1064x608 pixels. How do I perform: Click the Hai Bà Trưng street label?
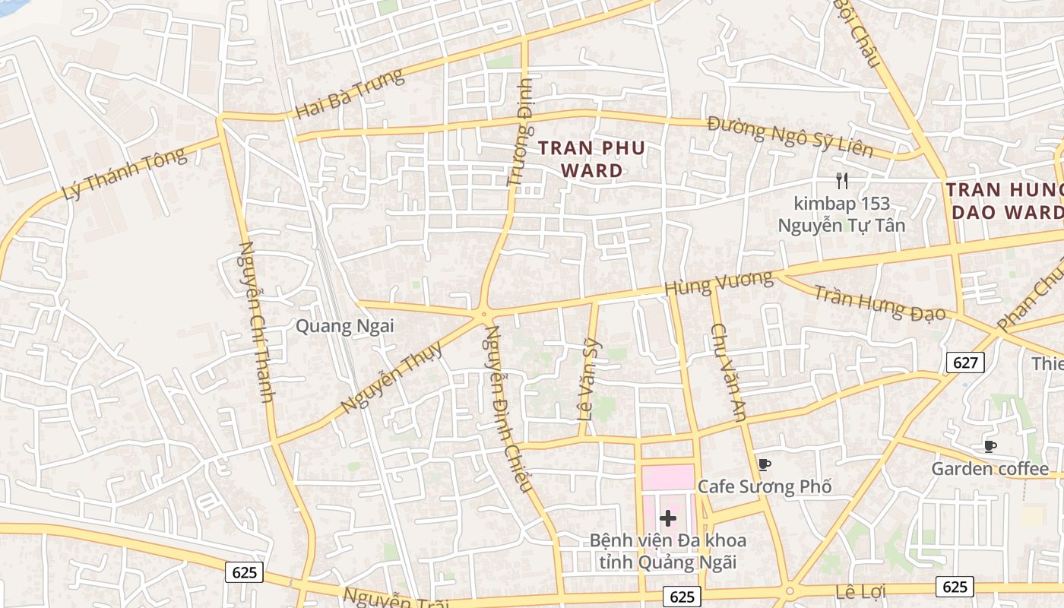(350, 93)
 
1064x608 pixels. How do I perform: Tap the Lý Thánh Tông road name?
(124, 174)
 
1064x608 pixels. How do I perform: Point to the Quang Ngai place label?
(344, 327)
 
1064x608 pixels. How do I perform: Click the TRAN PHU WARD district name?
(592, 159)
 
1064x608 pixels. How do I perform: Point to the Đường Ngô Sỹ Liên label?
(790, 137)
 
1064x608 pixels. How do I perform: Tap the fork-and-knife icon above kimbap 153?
(841, 181)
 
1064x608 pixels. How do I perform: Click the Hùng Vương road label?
(718, 283)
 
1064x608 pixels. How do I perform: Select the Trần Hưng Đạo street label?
(880, 302)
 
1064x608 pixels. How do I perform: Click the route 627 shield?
(965, 363)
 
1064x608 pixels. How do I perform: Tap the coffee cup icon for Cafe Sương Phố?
(764, 464)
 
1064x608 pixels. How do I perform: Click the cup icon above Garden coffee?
(990, 446)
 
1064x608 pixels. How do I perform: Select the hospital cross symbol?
(668, 518)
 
